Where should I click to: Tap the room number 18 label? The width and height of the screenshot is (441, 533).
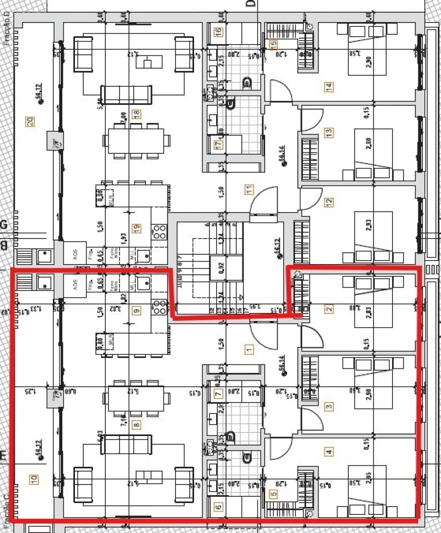137,114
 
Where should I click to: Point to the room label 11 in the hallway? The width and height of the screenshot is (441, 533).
249,189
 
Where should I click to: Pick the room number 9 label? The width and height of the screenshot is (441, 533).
137,310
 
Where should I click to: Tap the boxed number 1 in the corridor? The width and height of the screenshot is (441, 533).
249,349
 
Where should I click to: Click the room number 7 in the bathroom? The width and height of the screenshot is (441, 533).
219,392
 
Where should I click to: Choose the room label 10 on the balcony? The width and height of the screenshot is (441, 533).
33,480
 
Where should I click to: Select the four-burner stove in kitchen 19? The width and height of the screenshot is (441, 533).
160,231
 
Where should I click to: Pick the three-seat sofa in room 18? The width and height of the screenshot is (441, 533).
126,95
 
